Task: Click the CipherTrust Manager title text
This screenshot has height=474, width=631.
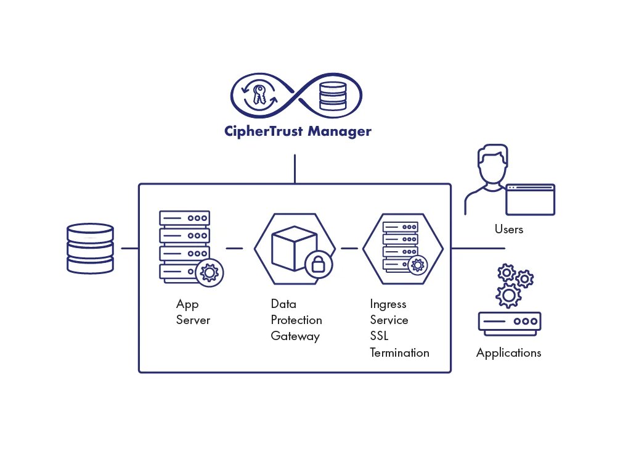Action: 298,131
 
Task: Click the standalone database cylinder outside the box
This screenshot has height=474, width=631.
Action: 90,248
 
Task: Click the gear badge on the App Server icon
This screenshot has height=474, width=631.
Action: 210,272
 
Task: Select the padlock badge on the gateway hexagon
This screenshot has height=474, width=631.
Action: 319,265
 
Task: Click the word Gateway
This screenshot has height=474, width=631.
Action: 295,336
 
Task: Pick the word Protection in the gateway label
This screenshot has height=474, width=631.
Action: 296,320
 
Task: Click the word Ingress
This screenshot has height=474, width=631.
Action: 388,304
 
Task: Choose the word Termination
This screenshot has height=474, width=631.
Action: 399,353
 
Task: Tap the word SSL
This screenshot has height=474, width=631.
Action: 379,337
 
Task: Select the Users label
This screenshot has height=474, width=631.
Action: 509,230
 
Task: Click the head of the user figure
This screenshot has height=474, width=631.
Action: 493,162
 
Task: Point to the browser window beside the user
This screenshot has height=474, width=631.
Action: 530,199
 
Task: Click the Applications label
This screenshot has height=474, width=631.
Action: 509,353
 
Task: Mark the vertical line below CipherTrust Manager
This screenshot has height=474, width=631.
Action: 295,168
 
